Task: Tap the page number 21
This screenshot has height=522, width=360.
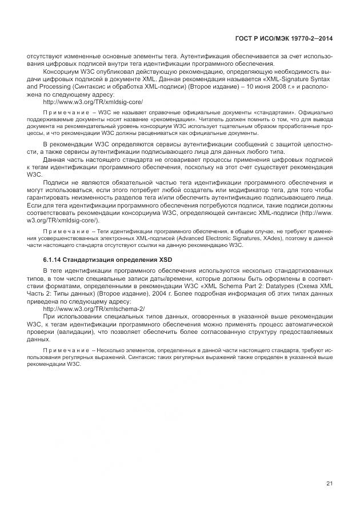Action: (329, 484)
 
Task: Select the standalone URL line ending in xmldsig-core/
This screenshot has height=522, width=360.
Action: (93, 101)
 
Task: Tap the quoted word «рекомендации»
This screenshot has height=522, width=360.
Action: (175, 119)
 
